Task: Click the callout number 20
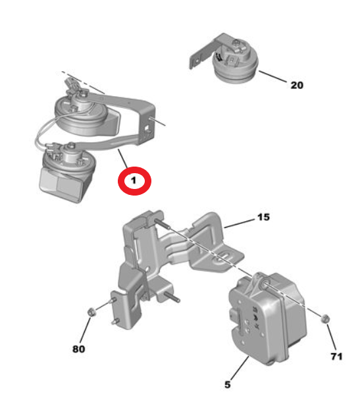tap(297, 85)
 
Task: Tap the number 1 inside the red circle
tap(134, 180)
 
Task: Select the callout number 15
tap(264, 217)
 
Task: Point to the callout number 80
tap(78, 349)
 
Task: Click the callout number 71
tap(336, 356)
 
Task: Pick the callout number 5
tap(228, 385)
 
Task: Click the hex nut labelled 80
tap(91, 312)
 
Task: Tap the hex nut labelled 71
tap(325, 319)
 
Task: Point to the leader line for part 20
tap(273, 76)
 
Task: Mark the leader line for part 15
tap(240, 223)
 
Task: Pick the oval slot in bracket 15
tap(224, 257)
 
